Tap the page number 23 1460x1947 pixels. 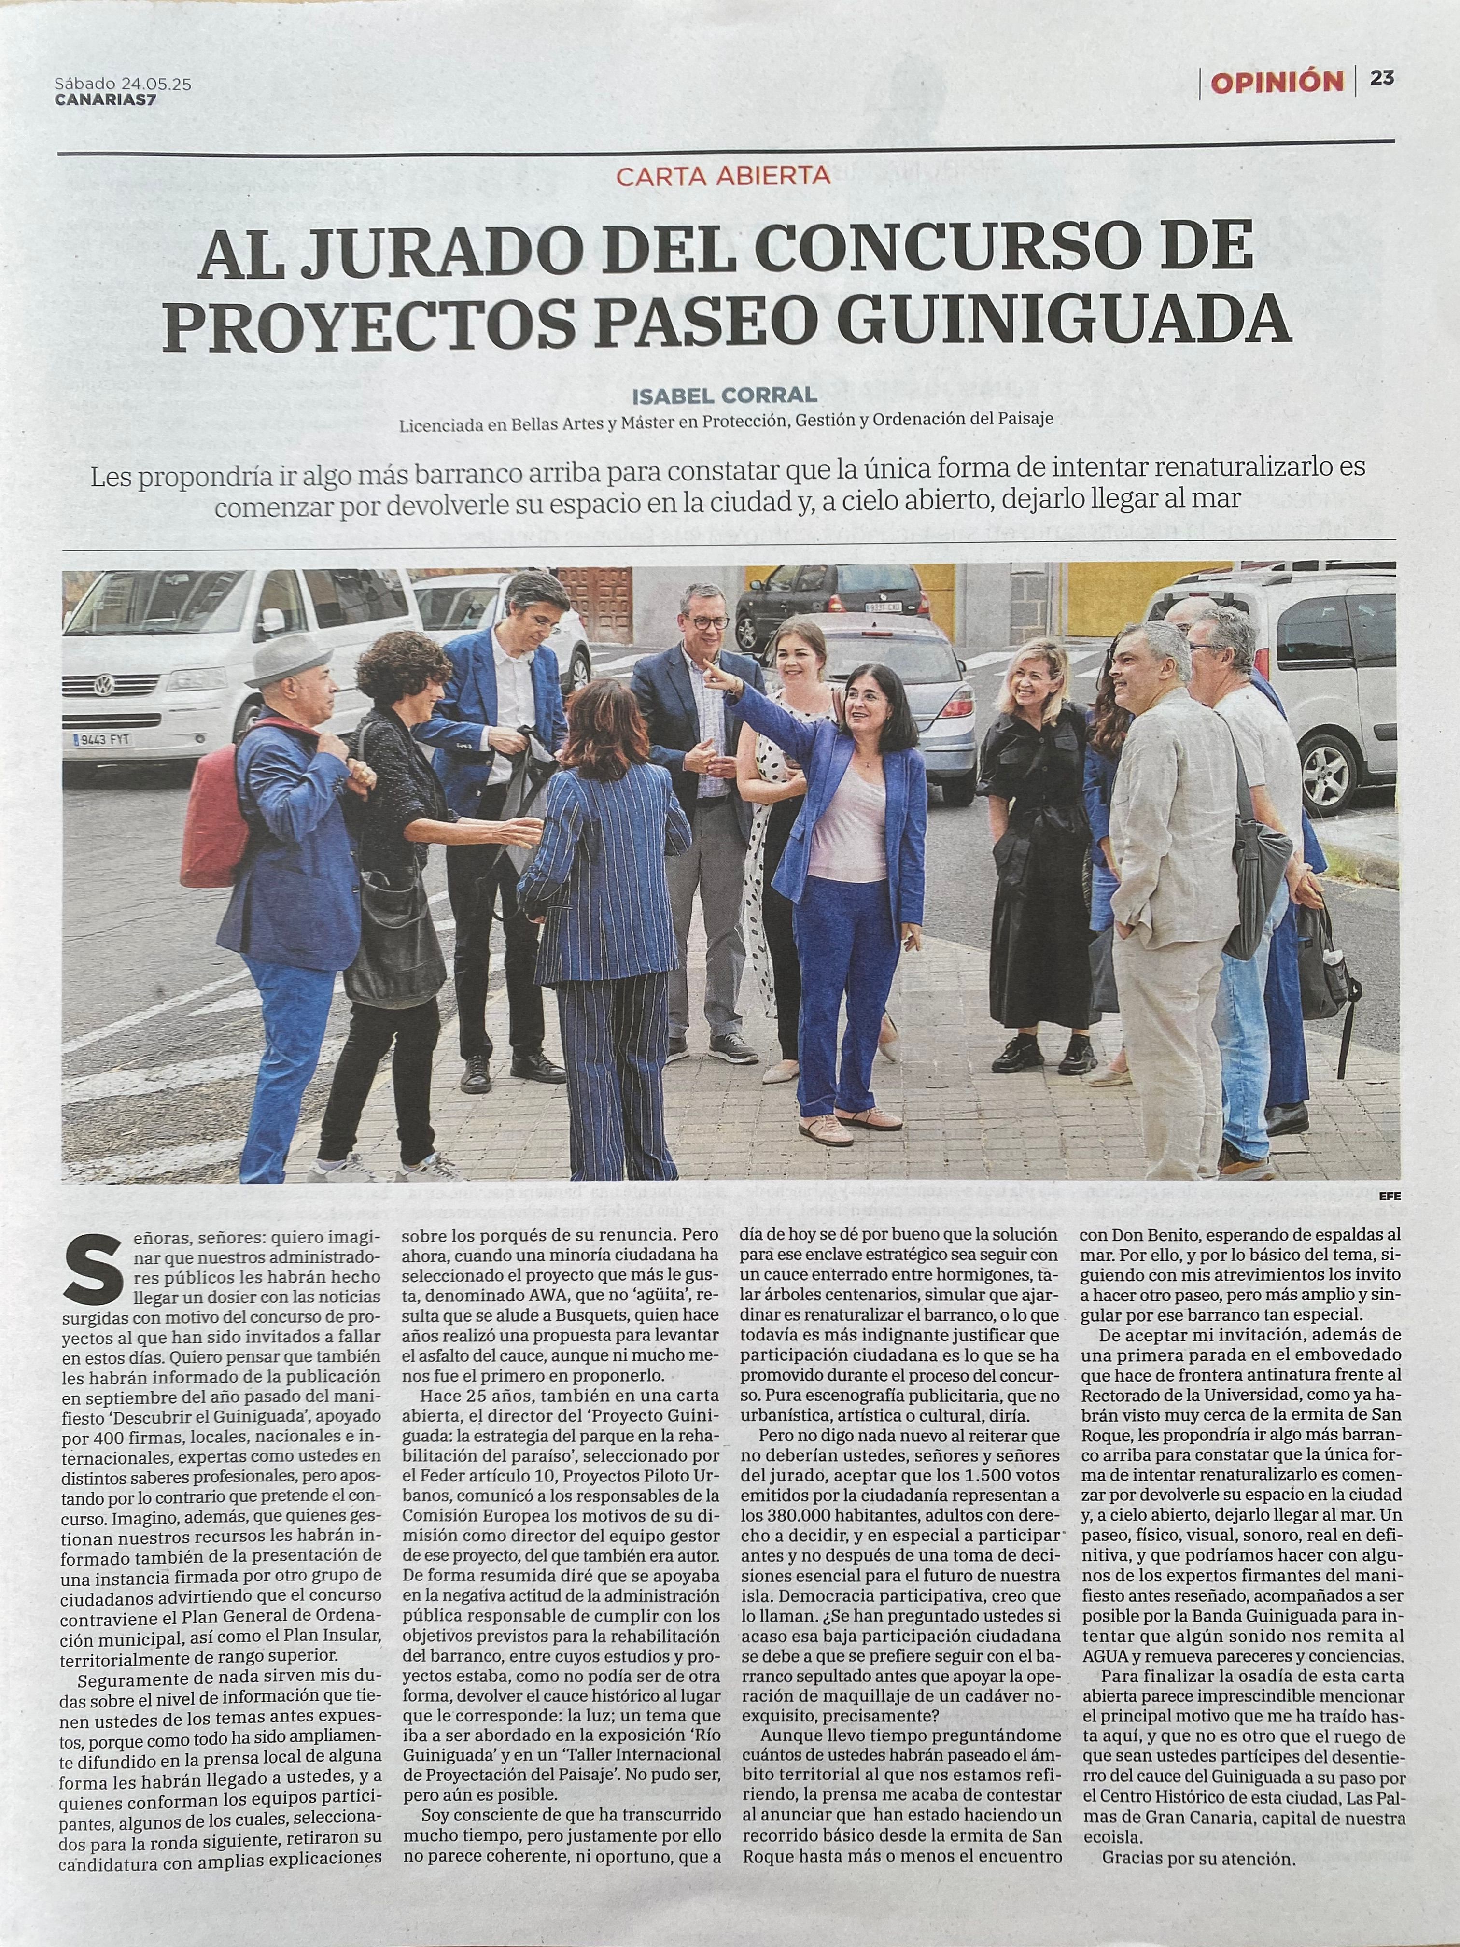click(x=1382, y=78)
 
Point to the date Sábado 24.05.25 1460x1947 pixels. click(x=123, y=84)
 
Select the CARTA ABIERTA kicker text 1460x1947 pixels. click(x=723, y=175)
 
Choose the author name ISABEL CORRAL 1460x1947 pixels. click(x=724, y=395)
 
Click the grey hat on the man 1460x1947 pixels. click(x=288, y=658)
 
